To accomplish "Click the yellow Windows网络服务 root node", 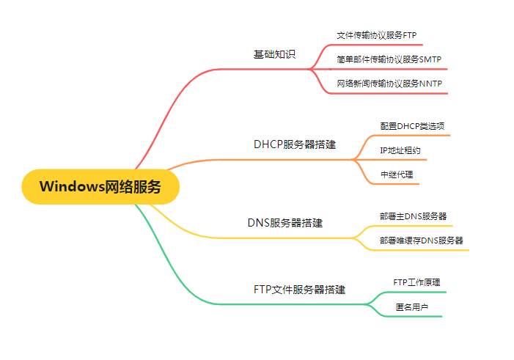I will point(100,186).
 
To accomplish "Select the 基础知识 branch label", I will point(274,55).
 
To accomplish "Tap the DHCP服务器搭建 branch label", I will point(295,144).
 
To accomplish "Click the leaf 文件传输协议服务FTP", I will point(376,35).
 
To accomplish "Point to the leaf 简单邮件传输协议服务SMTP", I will point(389,59).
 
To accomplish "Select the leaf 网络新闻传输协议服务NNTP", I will point(389,84).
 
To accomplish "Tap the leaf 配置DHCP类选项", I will point(411,126).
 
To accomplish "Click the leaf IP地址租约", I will point(400,150).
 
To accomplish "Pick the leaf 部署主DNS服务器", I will point(413,216).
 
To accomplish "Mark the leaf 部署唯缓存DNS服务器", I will point(421,240).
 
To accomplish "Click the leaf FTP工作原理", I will point(416,282).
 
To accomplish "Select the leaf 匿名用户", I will point(411,306).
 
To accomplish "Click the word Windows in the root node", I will point(72,186).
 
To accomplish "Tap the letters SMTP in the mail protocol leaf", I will point(431,59).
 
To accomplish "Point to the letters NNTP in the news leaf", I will point(431,84).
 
